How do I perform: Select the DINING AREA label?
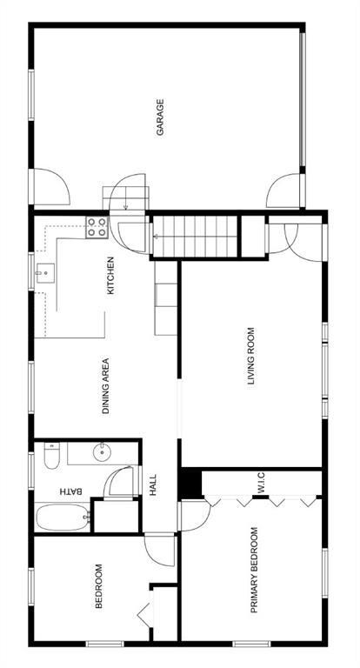click(x=106, y=386)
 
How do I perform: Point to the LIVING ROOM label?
click(x=251, y=357)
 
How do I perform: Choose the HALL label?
click(x=153, y=484)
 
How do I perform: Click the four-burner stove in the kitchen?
click(x=97, y=227)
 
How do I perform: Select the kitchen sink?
click(x=45, y=273)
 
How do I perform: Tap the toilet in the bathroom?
click(x=52, y=456)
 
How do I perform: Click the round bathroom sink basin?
click(x=102, y=452)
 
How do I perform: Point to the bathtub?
click(x=63, y=517)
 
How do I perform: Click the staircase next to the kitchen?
click(x=195, y=237)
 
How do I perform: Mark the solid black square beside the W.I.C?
click(x=190, y=484)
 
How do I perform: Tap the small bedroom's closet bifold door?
click(x=145, y=614)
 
